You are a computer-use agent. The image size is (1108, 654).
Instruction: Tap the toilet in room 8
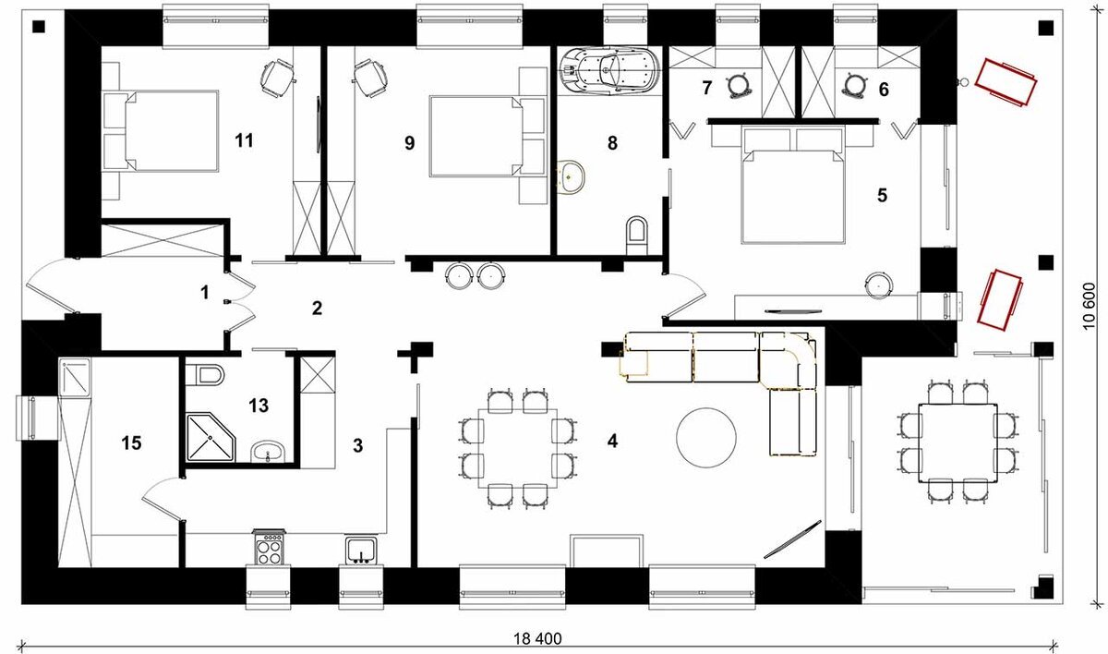(636, 235)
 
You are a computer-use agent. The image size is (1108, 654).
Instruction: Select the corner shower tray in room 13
(211, 438)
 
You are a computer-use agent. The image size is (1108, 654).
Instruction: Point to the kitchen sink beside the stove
(361, 551)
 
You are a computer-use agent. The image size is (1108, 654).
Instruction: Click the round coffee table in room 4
(705, 438)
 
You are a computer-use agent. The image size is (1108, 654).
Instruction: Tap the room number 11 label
(245, 140)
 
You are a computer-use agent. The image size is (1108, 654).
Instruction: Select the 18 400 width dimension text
(537, 638)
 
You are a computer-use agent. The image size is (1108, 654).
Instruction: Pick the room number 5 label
(883, 196)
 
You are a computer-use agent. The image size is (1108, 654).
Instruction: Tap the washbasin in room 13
(268, 452)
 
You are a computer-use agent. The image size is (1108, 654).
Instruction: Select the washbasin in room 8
(572, 176)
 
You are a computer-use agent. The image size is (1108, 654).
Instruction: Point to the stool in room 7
(740, 85)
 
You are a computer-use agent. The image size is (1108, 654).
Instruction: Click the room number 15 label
(131, 442)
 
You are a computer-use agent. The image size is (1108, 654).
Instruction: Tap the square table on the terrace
(957, 442)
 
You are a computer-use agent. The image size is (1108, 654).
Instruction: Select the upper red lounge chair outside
(1006, 82)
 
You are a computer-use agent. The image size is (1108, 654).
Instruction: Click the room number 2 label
(317, 309)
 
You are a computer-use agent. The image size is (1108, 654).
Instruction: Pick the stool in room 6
(855, 85)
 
